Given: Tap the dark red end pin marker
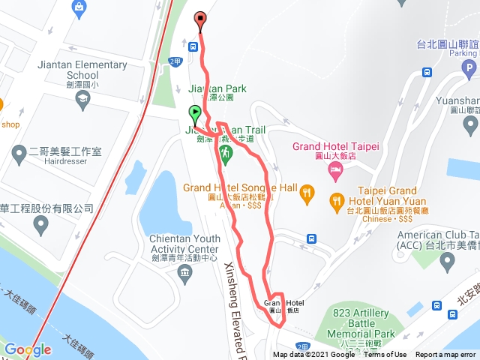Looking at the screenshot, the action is tap(200, 20).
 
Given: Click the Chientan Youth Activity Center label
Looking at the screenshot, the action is tap(184, 244).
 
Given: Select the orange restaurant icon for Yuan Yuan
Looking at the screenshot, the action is tap(337, 200).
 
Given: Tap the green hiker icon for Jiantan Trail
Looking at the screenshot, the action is tap(225, 154).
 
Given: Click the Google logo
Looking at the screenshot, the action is tap(28, 349).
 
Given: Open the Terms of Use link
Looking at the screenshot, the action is tap(385, 355).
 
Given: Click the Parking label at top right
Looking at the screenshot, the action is tap(463, 53).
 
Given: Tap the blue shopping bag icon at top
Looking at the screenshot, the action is tap(79, 8).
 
